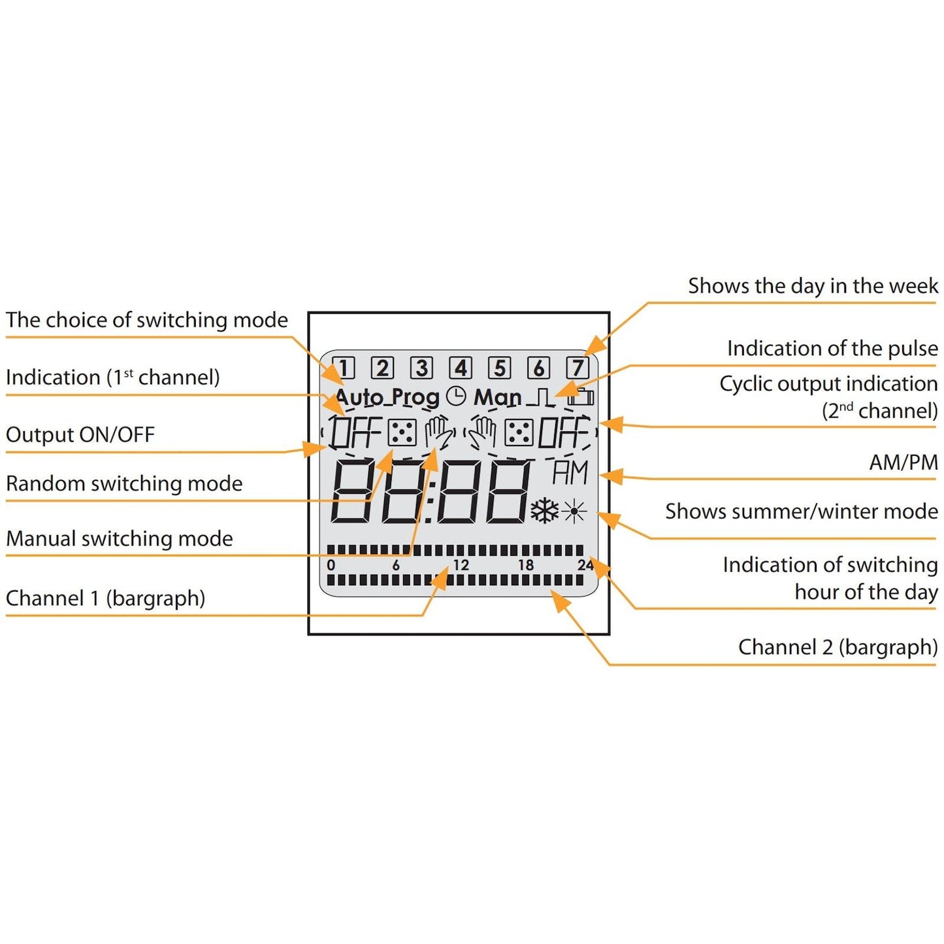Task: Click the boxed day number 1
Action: pos(344,368)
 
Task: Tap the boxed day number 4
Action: pos(461,368)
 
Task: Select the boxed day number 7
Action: pos(578,368)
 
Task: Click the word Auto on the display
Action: pos(359,397)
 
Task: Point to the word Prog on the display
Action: pos(415,398)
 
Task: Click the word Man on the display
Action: pos(497,397)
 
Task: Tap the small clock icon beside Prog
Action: pos(456,396)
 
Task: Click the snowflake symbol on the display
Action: pos(544,511)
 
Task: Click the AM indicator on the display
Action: pos(570,473)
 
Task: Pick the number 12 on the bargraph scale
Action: pos(461,565)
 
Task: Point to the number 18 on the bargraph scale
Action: pos(526,565)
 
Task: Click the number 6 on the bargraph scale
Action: pos(396,565)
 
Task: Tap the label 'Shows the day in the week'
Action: pos(812,286)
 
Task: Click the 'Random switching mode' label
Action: pos(124,483)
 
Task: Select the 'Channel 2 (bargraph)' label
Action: pos(838,647)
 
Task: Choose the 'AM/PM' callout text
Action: pos(903,463)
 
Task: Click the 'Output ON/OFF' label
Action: pos(80,434)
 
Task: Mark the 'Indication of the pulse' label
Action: pos(832,348)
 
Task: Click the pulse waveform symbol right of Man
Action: pos(542,397)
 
